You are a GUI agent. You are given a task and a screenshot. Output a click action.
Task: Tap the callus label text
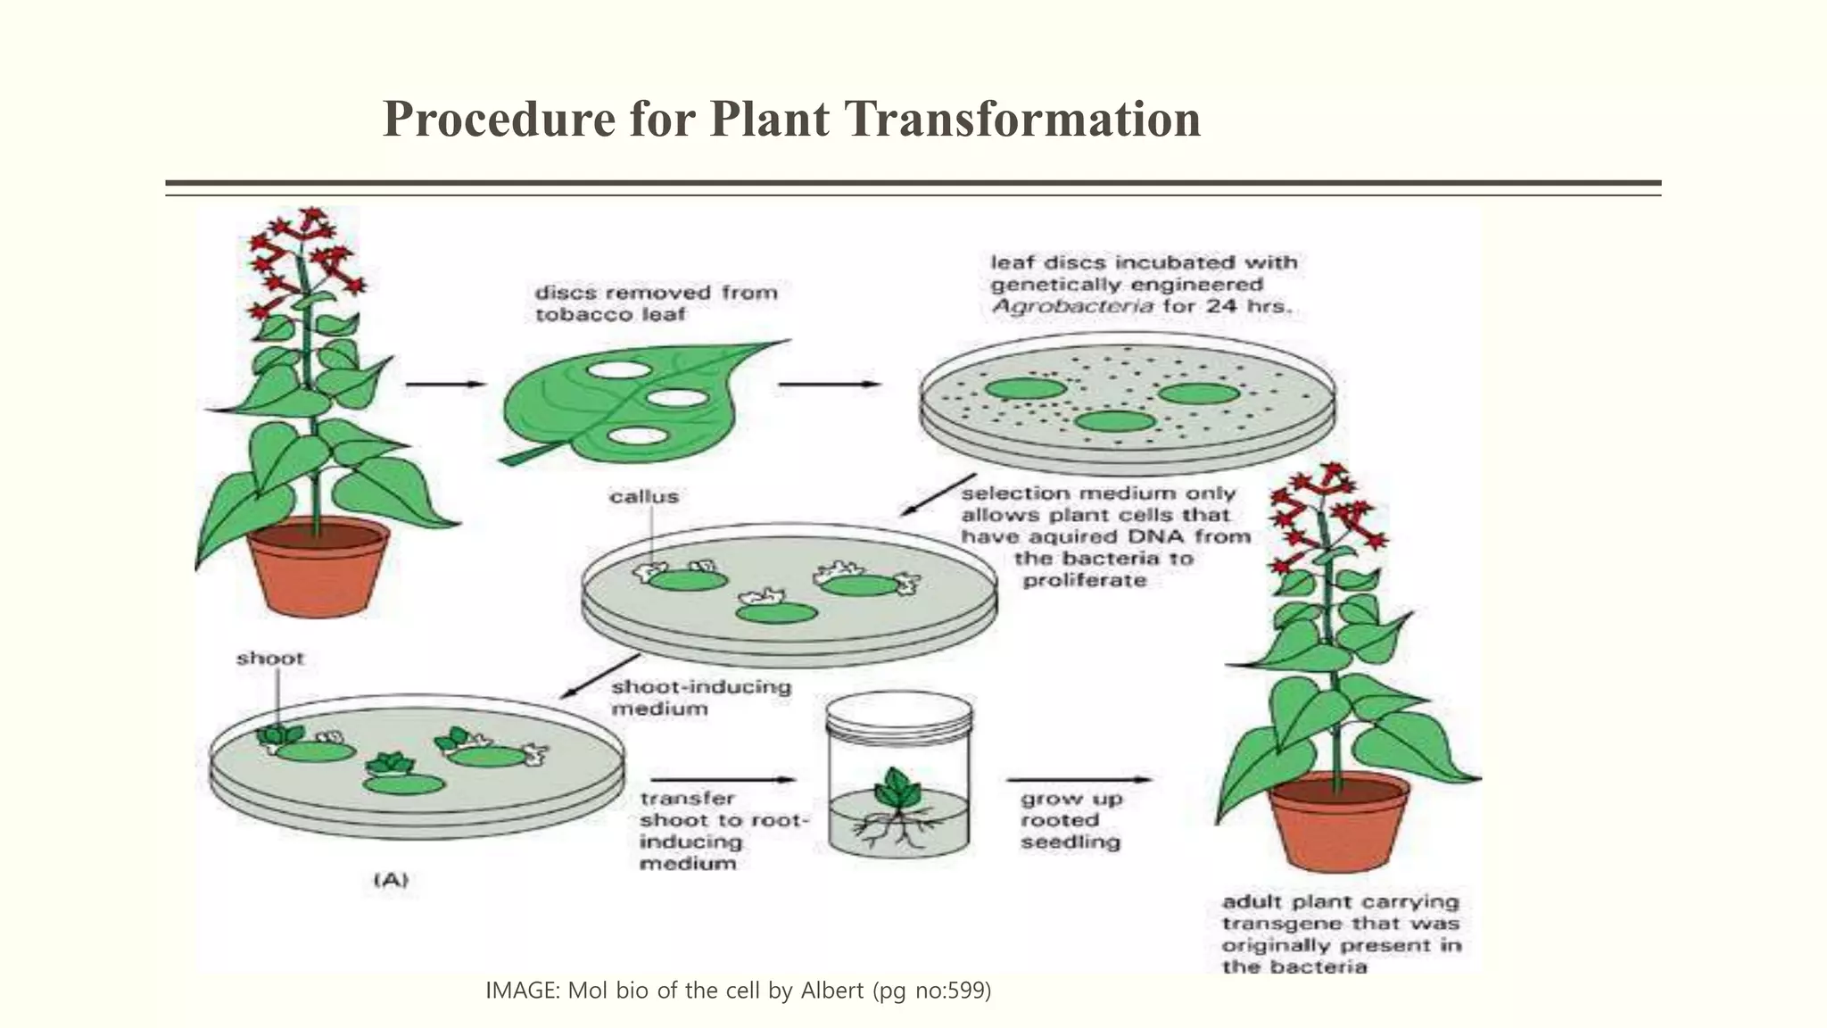click(644, 497)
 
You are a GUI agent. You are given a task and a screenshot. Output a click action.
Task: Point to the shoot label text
click(269, 659)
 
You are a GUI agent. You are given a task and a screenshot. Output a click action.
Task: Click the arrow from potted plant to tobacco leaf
click(445, 385)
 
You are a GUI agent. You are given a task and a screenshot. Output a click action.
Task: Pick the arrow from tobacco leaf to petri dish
click(830, 385)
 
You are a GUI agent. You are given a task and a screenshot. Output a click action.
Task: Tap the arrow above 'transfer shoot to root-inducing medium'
click(718, 780)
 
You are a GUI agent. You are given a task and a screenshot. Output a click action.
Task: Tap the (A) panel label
click(390, 880)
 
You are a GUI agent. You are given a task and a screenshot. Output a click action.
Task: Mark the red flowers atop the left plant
click(303, 254)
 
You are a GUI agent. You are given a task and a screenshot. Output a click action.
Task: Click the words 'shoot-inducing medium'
click(699, 698)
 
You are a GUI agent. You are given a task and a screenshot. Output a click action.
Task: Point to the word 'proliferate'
click(1084, 581)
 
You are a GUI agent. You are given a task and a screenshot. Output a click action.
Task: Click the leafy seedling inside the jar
click(899, 787)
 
